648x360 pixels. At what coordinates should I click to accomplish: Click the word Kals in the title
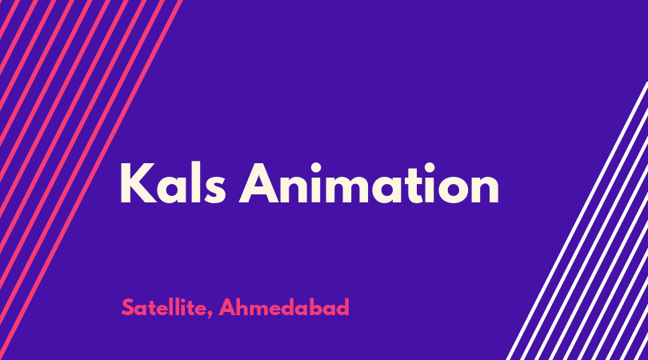pos(173,183)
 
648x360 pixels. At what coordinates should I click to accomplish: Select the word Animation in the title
pos(369,183)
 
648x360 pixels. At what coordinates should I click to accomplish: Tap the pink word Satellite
pos(164,307)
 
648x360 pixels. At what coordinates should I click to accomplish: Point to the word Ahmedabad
pos(284,307)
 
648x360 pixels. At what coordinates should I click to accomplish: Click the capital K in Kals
pos(138,183)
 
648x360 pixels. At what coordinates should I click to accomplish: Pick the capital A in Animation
pos(259,183)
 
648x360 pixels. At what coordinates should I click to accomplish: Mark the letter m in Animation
pos(344,189)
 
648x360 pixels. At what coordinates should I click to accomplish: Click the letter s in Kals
pos(216,190)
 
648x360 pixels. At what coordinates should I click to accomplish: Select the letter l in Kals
pos(194,183)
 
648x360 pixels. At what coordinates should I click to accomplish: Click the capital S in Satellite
pos(128,307)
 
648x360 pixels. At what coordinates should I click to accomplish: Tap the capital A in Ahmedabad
pos(228,307)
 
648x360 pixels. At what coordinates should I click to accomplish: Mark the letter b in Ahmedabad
pos(316,307)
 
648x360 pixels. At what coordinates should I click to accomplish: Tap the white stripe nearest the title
pos(577,221)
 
